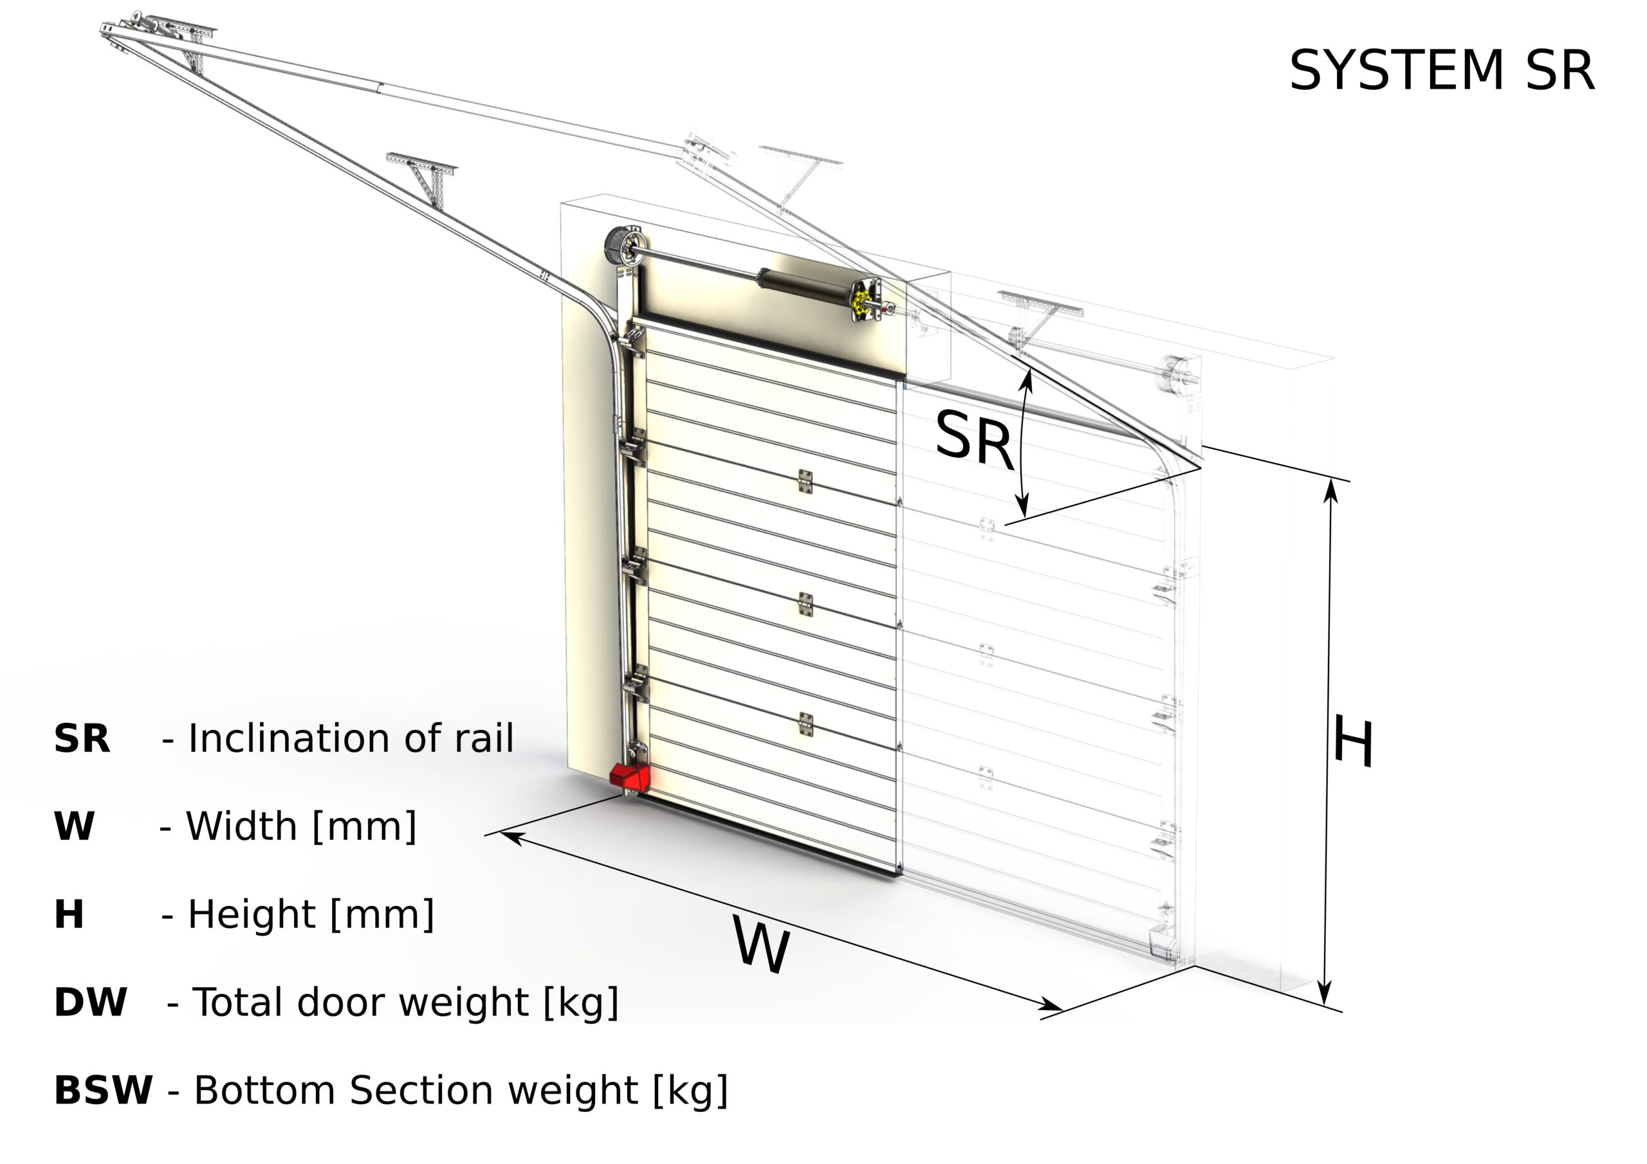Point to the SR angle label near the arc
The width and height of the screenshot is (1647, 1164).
(x=973, y=439)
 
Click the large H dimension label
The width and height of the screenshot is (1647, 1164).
(x=1353, y=742)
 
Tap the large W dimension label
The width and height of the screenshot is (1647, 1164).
(x=761, y=946)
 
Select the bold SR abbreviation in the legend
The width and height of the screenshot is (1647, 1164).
(x=82, y=739)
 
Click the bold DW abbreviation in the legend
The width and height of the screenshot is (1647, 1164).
(x=90, y=1002)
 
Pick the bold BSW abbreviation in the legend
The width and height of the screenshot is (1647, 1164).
(x=104, y=1090)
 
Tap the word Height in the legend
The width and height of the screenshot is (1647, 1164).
(x=251, y=914)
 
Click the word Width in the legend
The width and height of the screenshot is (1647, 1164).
(x=242, y=826)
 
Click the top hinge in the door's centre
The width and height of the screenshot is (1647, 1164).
(x=805, y=481)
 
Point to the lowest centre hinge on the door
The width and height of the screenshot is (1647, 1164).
(x=805, y=724)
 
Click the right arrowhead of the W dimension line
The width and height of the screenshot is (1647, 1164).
(x=1054, y=1006)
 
